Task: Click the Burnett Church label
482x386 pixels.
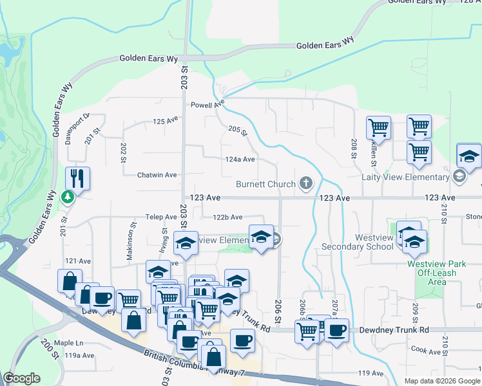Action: pos(265,185)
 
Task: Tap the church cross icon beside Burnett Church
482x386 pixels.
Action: pos(305,185)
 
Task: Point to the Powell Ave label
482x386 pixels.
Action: pos(207,104)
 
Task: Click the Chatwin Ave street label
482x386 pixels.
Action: pos(157,175)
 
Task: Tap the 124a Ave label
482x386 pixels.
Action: pos(240,159)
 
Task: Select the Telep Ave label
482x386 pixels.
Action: pos(160,217)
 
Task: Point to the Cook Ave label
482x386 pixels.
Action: pos(425,351)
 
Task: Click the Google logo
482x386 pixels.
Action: pos(21,378)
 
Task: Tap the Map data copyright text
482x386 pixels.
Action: pos(441,381)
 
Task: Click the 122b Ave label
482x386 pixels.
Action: pos(228,217)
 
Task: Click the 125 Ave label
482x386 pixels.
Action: pos(165,121)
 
